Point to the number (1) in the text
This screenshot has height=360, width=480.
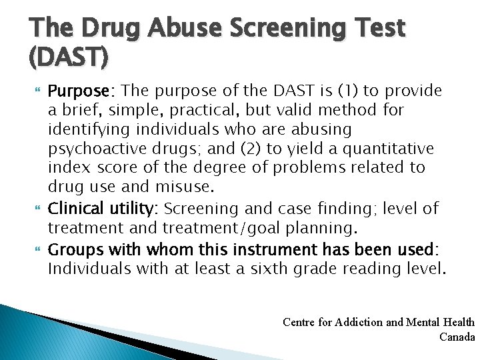[347, 91]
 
